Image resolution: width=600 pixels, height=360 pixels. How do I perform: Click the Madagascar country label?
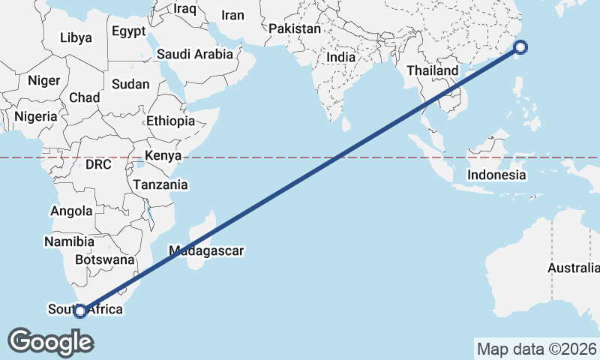[206, 251]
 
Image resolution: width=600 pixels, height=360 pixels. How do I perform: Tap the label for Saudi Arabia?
[195, 54]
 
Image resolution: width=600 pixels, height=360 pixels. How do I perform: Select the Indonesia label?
[496, 175]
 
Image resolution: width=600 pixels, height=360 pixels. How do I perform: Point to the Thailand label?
[432, 70]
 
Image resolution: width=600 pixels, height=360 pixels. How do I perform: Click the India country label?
[341, 57]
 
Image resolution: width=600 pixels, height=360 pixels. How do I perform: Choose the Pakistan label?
[295, 29]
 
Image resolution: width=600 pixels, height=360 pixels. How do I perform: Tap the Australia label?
[573, 268]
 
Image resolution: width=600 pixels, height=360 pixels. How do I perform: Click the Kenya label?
[163, 156]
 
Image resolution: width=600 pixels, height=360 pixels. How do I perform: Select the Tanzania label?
[160, 184]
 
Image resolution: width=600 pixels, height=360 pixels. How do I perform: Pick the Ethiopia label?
[170, 121]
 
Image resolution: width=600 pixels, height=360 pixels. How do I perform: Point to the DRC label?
[98, 164]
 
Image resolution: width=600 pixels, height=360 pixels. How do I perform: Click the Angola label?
[71, 211]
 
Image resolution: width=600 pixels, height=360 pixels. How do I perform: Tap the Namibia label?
[69, 241]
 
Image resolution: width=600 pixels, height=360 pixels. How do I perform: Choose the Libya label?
[76, 37]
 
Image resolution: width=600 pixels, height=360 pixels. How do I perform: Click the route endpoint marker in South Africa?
[80, 310]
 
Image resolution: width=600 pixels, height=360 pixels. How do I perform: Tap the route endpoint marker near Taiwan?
[521, 48]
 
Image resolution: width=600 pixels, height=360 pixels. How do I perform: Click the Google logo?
[50, 342]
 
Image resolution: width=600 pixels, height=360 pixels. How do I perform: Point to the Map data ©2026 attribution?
[536, 349]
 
